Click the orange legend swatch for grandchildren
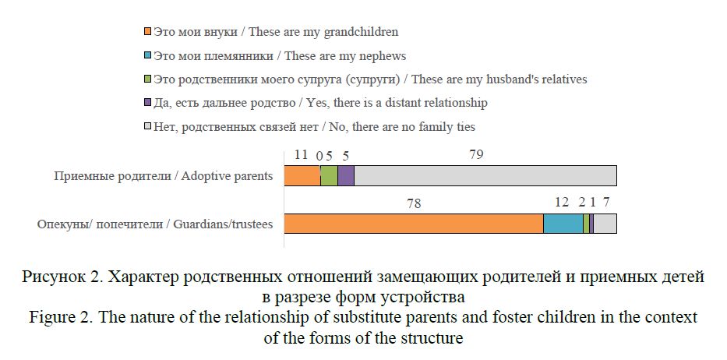(x=148, y=33)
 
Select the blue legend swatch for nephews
(x=148, y=56)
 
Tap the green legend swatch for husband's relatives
(x=148, y=79)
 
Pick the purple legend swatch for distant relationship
(x=148, y=103)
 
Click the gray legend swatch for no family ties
(x=148, y=126)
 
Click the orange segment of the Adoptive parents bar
(x=302, y=175)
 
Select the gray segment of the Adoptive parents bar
(x=485, y=175)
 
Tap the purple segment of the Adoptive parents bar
(x=346, y=175)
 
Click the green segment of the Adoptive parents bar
(x=329, y=175)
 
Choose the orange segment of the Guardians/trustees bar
(x=413, y=224)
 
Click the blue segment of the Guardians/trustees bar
(x=563, y=224)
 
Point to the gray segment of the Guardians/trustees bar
(x=605, y=224)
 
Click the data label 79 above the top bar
(x=477, y=154)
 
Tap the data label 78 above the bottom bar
(x=414, y=203)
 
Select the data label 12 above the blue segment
(x=562, y=203)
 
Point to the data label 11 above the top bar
(x=302, y=154)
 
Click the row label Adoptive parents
(x=163, y=175)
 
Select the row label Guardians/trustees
(x=155, y=224)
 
